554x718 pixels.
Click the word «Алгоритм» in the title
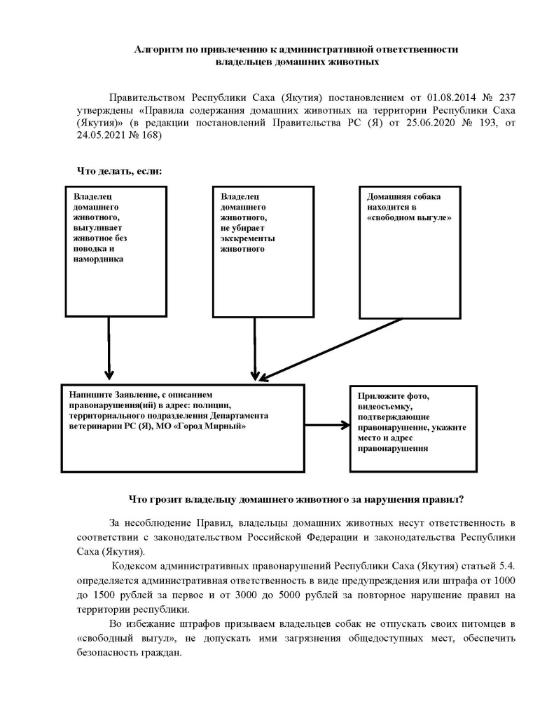(x=158, y=50)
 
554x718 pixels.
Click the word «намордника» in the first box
(x=98, y=259)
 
